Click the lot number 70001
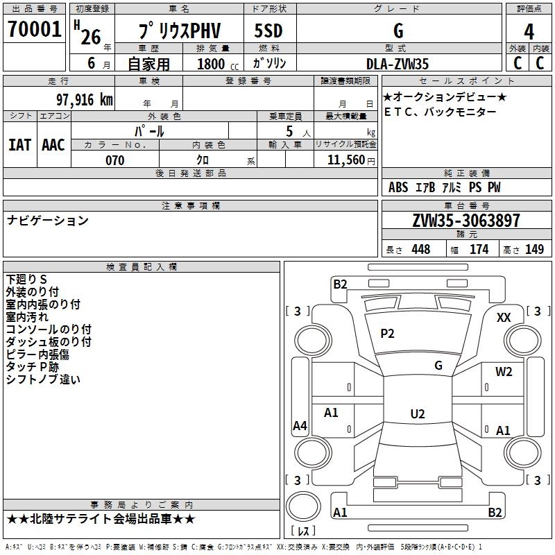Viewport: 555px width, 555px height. point(34,30)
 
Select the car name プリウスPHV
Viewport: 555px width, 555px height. point(178,32)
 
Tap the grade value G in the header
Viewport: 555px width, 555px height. point(398,31)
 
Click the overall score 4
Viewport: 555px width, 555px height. point(529,32)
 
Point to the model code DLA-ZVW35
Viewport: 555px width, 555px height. point(398,64)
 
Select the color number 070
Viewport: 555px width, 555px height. point(114,160)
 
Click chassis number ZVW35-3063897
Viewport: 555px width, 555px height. point(466,221)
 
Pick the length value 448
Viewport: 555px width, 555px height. point(420,249)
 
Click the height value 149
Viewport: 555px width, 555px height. point(533,249)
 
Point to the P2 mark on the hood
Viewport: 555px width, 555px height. point(387,334)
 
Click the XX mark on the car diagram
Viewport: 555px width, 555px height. point(504,317)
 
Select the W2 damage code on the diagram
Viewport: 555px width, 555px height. point(504,371)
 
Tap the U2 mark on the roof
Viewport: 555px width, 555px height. point(417,413)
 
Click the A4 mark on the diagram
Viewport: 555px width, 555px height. point(300,426)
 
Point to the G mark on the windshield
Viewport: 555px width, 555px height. point(438,365)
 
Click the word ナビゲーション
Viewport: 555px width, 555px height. point(48,221)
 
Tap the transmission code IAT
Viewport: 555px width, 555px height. point(19,145)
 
